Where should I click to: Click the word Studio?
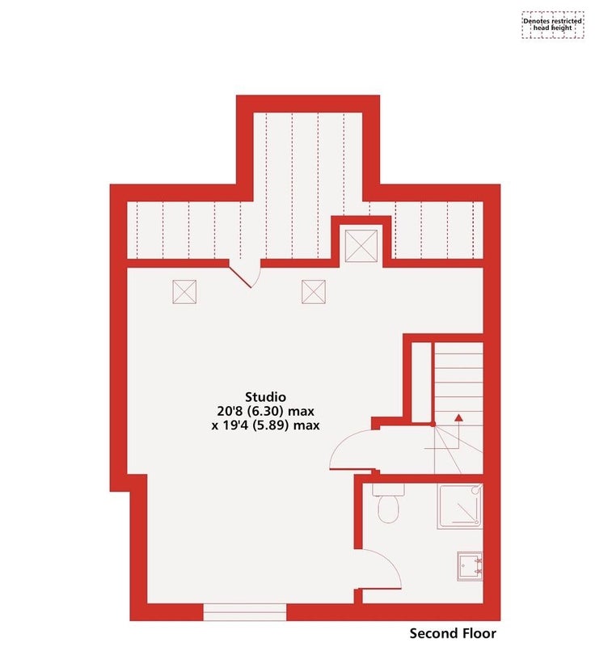(x=266, y=397)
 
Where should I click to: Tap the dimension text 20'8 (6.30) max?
(x=266, y=411)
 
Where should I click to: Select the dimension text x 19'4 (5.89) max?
(x=266, y=425)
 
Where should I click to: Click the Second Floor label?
(x=453, y=633)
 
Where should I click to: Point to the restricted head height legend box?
(x=553, y=25)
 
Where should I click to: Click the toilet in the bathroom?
(x=389, y=509)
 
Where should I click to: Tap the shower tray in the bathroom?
(x=460, y=507)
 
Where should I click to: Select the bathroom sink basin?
(x=470, y=566)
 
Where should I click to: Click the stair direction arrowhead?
(x=458, y=417)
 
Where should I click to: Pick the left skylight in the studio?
(x=184, y=292)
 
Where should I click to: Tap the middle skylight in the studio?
(x=314, y=292)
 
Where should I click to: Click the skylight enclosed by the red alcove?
(x=361, y=246)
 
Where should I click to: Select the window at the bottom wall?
(x=244, y=612)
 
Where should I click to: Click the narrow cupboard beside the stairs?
(x=422, y=383)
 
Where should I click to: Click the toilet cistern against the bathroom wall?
(x=389, y=489)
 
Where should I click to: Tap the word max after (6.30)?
(x=301, y=412)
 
